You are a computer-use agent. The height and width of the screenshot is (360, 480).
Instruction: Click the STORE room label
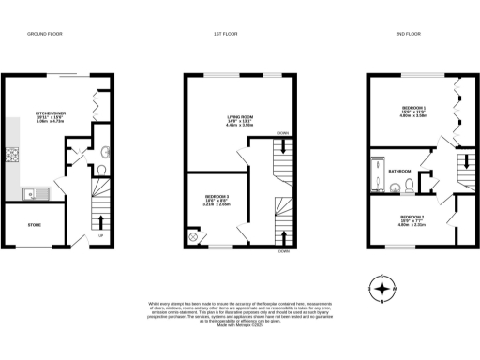pos(35,224)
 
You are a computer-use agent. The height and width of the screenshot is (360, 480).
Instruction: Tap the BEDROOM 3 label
pos(217,199)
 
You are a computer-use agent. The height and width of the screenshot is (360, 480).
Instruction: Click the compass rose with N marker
pos(382,289)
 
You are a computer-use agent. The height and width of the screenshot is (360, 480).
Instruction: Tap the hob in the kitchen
pos(14,156)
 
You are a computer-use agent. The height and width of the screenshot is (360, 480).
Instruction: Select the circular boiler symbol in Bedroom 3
pos(194,238)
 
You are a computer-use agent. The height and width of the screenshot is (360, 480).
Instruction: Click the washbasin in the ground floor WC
pos(102,152)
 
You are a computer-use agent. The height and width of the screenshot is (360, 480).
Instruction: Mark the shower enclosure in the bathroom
pos(377,187)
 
